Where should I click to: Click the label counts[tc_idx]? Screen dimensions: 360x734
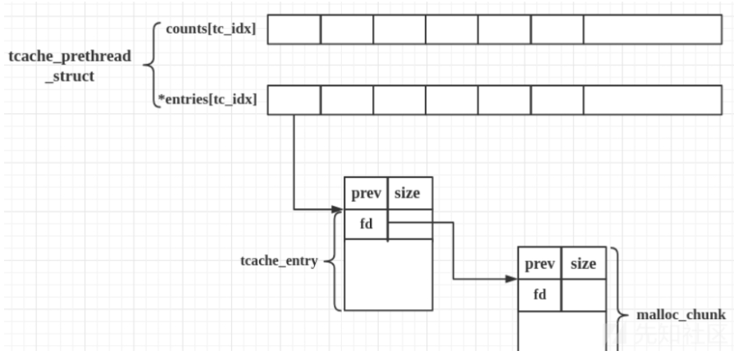point(211,29)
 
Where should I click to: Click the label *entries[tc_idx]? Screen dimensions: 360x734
point(207,100)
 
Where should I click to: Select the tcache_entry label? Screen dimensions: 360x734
point(279,262)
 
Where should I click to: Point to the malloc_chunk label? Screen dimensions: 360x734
point(682,315)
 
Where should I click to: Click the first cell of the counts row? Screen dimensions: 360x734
point(294,30)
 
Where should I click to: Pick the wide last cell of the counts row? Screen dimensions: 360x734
point(653,30)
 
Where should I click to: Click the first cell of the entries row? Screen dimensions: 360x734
point(294,100)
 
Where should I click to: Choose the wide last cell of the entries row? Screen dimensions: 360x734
point(653,100)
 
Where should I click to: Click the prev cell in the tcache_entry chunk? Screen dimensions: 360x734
point(366,194)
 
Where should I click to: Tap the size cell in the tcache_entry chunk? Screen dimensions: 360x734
point(409,194)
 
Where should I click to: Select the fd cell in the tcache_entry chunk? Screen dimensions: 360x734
point(366,224)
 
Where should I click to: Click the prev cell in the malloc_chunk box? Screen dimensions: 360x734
point(540,264)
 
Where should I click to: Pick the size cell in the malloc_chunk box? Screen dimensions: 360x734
point(584,264)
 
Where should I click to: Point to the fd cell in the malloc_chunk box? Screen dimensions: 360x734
point(540,294)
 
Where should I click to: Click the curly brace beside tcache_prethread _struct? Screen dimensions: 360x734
point(151,64)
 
